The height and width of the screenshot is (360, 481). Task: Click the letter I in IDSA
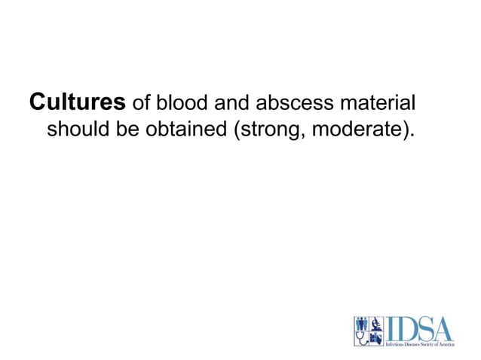coord(392,328)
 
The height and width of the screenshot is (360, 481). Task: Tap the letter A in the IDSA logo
coord(446,328)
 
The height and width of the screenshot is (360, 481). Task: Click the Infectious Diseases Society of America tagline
coord(420,343)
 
